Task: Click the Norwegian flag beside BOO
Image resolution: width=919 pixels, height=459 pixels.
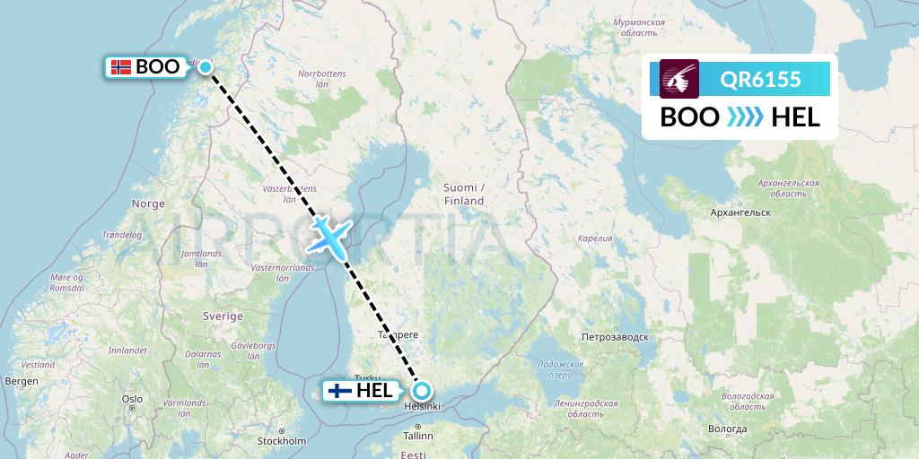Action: point(120,66)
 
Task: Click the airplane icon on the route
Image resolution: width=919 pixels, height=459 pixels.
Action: point(328,237)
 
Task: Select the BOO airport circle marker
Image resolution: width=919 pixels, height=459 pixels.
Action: point(206,66)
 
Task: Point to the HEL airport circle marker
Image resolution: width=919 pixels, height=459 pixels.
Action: point(421,391)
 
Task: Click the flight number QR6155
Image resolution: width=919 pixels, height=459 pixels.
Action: point(760,80)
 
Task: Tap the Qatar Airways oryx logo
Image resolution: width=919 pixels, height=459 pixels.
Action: point(679,79)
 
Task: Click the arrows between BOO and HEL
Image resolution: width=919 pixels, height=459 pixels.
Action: point(744,117)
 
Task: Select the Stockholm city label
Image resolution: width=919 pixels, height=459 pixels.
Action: point(282,441)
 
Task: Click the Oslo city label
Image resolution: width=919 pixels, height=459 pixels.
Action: point(133,399)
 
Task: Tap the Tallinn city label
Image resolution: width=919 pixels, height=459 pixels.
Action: point(418,436)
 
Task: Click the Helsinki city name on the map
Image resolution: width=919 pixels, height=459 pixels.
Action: point(422,407)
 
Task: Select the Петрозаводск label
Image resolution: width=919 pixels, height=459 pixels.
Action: point(615,338)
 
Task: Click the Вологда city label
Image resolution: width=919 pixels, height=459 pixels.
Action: point(728,429)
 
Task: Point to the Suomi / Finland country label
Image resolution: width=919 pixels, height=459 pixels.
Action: point(463,194)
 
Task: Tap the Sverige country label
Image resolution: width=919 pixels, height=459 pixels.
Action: point(223,316)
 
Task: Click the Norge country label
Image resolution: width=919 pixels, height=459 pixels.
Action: point(148,204)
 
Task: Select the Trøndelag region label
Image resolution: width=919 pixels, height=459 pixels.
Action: point(123,235)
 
